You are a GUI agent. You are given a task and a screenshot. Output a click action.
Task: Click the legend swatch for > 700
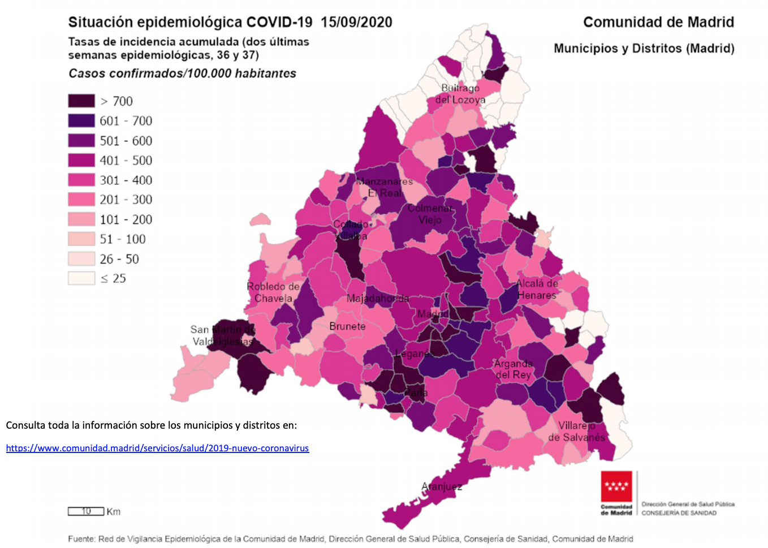pos(81,101)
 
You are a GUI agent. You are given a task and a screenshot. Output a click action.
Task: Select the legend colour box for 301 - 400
pos(81,180)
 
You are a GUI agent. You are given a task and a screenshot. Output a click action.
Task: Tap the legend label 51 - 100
pos(123,239)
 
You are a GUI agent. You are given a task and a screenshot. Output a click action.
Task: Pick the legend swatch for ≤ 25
pos(81,278)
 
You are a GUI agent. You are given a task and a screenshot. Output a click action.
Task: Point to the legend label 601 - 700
pos(126,121)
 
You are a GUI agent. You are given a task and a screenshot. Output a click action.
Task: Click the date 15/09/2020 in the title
pos(356,22)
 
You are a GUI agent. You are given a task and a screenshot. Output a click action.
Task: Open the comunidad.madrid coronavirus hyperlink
pos(157,448)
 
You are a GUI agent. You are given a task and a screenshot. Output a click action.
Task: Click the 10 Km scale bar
pos(86,511)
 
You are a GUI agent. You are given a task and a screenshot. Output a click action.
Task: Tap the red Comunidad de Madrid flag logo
pos(616,486)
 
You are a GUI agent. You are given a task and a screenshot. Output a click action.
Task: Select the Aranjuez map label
pos(442,486)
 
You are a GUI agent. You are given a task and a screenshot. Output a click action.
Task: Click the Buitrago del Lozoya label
pos(460,94)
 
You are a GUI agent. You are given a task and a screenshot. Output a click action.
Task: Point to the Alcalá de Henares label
pos(537,289)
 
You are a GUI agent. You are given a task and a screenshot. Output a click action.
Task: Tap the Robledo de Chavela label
pos(273,292)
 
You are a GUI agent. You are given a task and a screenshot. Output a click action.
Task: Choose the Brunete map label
pos(347,326)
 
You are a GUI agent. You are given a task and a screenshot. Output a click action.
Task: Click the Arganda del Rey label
pos(513,369)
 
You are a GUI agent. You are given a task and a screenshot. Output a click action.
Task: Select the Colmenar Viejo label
pos(430,214)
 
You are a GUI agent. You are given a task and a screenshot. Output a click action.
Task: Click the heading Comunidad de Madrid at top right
pos(658,22)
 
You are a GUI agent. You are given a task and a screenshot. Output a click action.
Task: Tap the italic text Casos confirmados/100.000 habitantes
pos(182,74)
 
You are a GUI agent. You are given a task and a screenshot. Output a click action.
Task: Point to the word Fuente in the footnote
pos(81,539)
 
